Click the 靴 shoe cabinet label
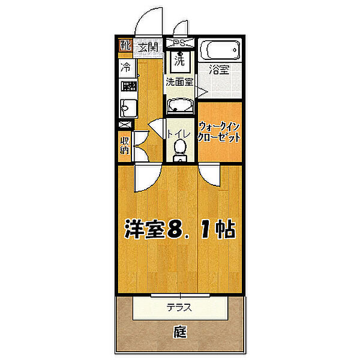125,45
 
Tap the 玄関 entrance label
148,47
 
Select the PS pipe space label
180,43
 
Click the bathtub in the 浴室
220,50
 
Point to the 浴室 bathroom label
219,69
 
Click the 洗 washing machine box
180,61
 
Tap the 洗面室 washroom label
179,82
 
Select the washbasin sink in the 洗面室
180,106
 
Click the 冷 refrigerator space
126,67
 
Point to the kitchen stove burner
128,86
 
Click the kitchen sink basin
128,108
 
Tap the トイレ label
179,134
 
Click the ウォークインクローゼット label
219,133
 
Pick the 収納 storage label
124,146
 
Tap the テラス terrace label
179,307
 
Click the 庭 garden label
180,332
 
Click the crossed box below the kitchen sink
125,125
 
